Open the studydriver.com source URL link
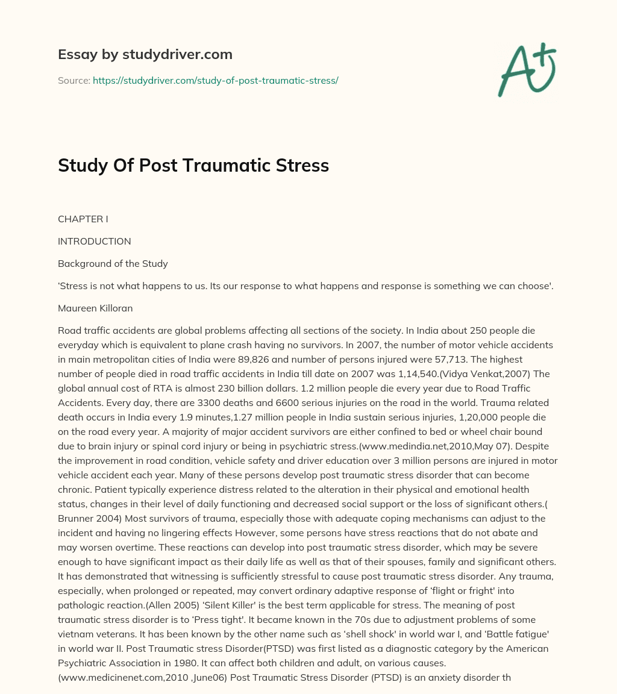coord(215,80)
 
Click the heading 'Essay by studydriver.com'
coord(145,54)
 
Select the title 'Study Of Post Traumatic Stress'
coord(193,166)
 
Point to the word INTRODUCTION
coord(94,242)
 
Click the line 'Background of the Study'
coord(113,264)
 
